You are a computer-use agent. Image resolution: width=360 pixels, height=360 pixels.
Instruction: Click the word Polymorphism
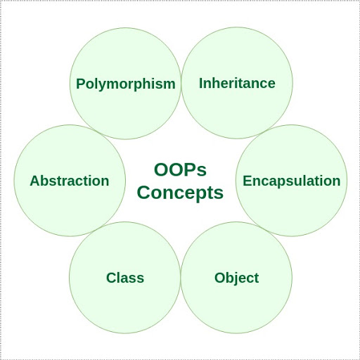[126, 84]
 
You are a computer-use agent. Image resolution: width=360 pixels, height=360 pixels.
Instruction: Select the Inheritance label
[237, 83]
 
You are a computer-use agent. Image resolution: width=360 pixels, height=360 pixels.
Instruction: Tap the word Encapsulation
[291, 181]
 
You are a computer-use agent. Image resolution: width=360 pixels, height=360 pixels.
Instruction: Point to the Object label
[236, 278]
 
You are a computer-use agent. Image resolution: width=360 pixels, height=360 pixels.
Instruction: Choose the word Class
[125, 278]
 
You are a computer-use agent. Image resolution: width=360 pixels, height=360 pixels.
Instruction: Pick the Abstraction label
[70, 181]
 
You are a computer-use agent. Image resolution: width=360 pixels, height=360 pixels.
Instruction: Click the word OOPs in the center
[180, 170]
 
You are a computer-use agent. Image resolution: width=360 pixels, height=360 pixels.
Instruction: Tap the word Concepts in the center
[180, 193]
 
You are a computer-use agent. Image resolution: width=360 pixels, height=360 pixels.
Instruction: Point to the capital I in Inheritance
[201, 83]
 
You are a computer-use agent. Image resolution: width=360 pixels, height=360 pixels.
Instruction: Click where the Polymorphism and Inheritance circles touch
[181, 83]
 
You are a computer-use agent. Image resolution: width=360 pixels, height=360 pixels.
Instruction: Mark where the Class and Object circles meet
[181, 278]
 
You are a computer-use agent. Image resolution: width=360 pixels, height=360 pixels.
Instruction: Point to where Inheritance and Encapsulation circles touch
[264, 131]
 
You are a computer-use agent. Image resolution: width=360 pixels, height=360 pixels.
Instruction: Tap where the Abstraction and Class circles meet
[97, 229]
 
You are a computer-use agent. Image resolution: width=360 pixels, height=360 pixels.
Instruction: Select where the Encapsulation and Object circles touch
[264, 229]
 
